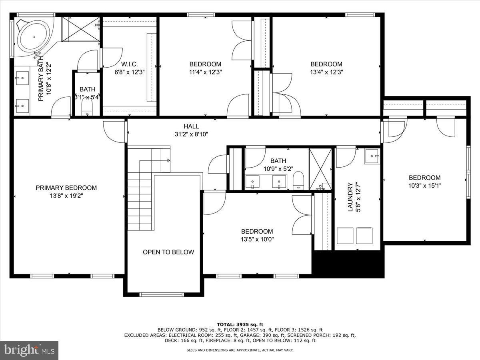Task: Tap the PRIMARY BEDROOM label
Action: coord(66,188)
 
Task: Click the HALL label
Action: coord(191,126)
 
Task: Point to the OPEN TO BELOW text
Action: coord(168,252)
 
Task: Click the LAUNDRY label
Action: coord(350,197)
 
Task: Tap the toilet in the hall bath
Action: coord(298,180)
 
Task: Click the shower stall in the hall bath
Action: coord(320,168)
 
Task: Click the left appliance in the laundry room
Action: coord(345,236)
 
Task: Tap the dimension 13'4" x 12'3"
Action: coord(326,72)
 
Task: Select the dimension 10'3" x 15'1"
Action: coord(424,185)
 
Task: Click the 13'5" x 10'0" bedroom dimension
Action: coord(257,239)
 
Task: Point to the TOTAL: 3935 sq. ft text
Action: coord(240,324)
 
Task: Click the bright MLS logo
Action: coord(29,350)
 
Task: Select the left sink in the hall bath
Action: coord(253,182)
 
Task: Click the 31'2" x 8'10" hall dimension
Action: coord(191,134)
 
